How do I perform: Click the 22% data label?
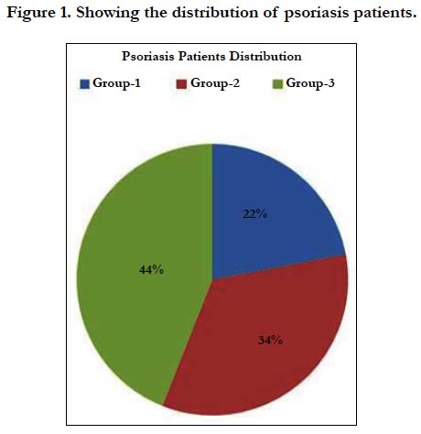[x=255, y=214]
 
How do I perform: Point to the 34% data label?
[x=270, y=340]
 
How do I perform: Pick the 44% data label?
[x=152, y=270]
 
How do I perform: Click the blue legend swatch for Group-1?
[x=84, y=84]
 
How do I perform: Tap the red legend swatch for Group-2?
[x=181, y=84]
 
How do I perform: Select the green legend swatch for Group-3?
[x=277, y=84]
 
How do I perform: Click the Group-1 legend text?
[x=116, y=83]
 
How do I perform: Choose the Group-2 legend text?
[x=215, y=83]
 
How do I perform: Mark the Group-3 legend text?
[x=310, y=83]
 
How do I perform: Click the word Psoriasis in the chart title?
[x=148, y=56]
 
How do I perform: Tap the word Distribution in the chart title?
[x=265, y=56]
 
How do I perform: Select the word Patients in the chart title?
[x=202, y=56]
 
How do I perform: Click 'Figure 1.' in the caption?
[x=39, y=14]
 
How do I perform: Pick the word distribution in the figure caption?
[x=216, y=13]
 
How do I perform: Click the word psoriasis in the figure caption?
[x=317, y=14]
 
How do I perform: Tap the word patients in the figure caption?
[x=385, y=14]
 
